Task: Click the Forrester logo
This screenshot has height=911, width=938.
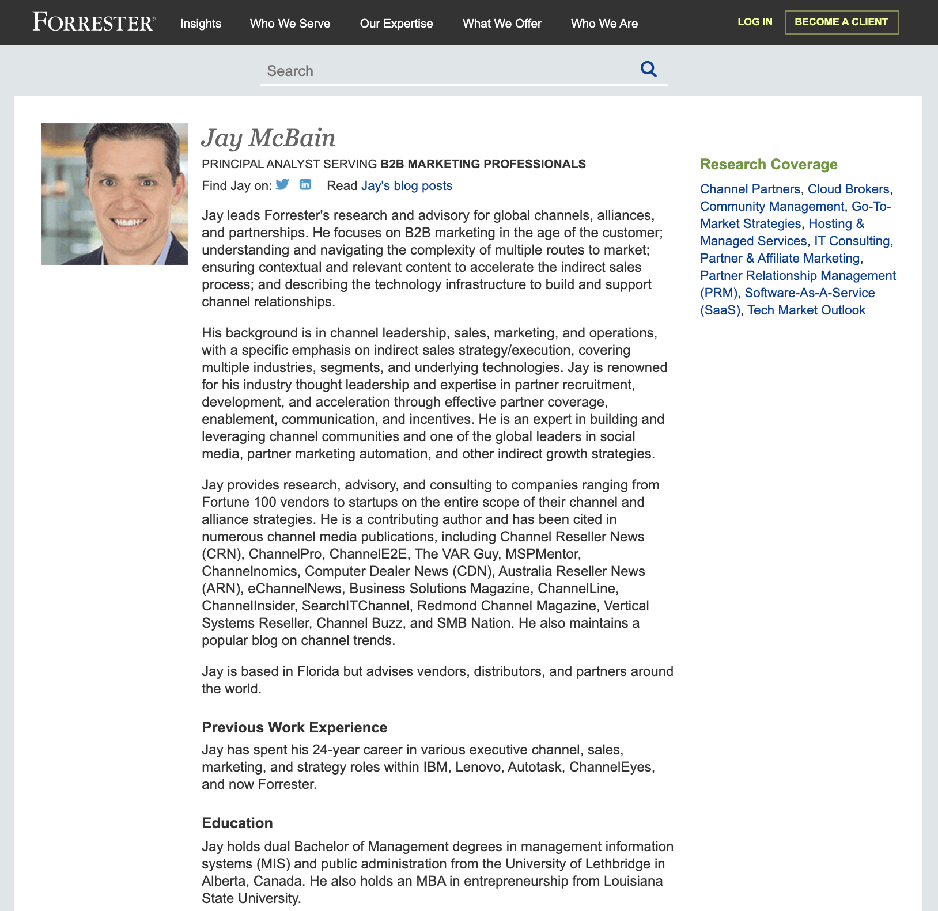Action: [x=93, y=22]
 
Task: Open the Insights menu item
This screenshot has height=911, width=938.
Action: [x=201, y=24]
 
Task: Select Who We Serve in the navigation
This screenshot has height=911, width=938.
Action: [x=290, y=24]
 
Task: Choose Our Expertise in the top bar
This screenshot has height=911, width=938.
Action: [x=396, y=24]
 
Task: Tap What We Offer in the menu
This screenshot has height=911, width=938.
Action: [x=502, y=24]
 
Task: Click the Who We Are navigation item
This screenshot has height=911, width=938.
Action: [x=604, y=24]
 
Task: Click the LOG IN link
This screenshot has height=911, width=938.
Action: [x=755, y=22]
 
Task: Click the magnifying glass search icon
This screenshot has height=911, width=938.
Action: [x=649, y=69]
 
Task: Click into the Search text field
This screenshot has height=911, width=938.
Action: [x=444, y=71]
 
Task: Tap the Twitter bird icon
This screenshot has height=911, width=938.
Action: [x=282, y=184]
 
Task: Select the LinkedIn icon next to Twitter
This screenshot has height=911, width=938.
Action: [x=305, y=184]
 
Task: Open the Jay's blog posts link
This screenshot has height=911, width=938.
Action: [x=407, y=186]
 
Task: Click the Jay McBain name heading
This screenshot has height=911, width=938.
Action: [x=268, y=138]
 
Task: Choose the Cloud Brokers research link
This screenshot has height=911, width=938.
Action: [x=848, y=189]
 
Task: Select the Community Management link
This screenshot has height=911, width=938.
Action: [x=772, y=207]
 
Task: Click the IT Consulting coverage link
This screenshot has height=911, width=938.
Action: [x=852, y=241]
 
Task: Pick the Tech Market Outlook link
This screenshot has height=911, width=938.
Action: [x=807, y=310]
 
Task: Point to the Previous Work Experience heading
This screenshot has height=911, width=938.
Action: [x=294, y=727]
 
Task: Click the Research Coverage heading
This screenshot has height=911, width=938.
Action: [x=769, y=165]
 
